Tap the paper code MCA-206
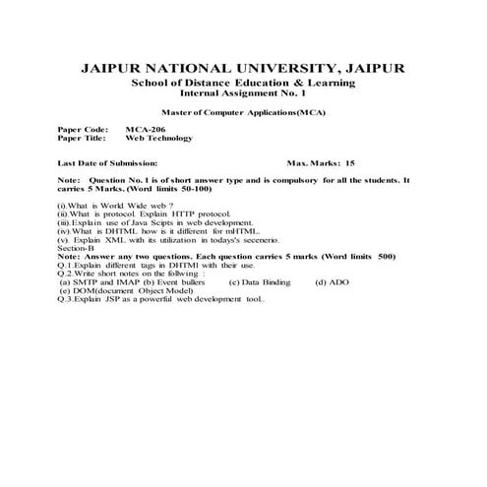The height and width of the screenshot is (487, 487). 143,130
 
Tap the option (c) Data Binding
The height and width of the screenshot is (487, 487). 259,283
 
